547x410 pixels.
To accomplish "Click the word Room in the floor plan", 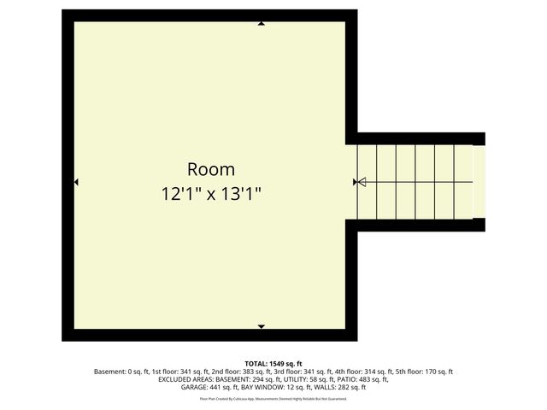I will pos(211,168).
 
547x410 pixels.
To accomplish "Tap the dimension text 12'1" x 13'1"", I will pos(211,194).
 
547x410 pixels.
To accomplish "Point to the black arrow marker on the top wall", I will pos(261,23).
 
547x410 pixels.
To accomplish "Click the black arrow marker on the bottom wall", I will pos(261,326).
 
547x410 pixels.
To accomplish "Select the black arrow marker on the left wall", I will pos(76,182).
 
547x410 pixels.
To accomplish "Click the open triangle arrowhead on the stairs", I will pos(361,182).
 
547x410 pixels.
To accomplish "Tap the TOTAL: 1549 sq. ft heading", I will pos(273,363).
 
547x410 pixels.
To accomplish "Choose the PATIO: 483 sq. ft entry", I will pos(363,379).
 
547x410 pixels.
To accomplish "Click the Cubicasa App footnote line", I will pos(273,398).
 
